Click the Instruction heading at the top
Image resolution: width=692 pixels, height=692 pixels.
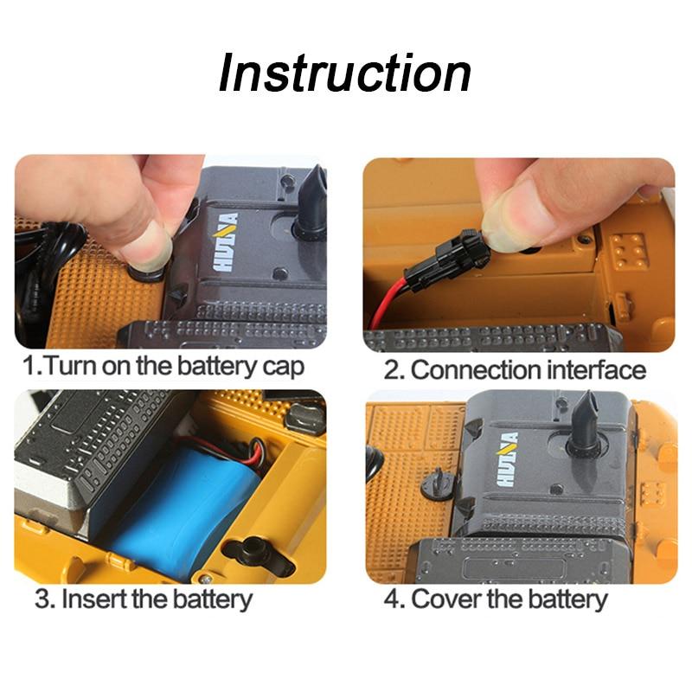point(344,73)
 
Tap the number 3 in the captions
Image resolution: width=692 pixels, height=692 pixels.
point(43,599)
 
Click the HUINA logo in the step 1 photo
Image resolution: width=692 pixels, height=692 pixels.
point(227,242)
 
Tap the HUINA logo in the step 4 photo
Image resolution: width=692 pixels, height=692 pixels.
point(507,459)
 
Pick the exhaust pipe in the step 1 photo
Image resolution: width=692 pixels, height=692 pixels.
point(311,204)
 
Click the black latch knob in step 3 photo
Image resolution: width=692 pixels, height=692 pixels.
point(250,549)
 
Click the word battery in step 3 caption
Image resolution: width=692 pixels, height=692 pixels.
point(212,599)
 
